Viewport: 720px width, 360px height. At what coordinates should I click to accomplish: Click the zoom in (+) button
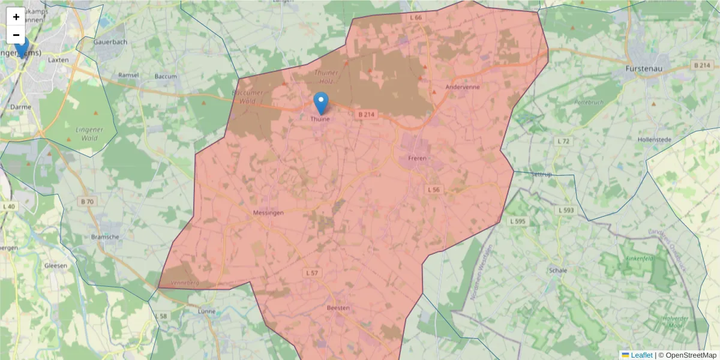tap(16, 17)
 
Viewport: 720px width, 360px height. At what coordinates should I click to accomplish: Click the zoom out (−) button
tap(16, 35)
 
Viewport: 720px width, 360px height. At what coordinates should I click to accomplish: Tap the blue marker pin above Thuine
tap(321, 103)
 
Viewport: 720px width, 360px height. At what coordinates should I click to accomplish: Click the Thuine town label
tap(320, 119)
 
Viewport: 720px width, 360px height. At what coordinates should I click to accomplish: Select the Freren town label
tap(417, 158)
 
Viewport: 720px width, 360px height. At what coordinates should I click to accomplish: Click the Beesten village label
tap(338, 308)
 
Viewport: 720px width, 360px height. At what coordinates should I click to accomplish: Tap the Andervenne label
tap(460, 86)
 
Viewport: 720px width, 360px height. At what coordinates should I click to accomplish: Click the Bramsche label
tap(106, 237)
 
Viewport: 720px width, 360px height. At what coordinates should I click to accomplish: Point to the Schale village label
tap(557, 271)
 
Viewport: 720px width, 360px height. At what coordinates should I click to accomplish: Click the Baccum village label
tap(166, 76)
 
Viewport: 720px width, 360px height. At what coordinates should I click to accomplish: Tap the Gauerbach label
tap(110, 42)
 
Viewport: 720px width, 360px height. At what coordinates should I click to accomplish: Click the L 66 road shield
tap(416, 18)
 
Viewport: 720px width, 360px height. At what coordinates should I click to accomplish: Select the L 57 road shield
tap(311, 273)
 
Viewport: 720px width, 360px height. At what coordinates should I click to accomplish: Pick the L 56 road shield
tap(433, 190)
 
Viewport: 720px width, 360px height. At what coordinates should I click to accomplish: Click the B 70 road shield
tap(87, 201)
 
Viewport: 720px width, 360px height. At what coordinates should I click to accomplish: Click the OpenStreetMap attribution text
tap(690, 355)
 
